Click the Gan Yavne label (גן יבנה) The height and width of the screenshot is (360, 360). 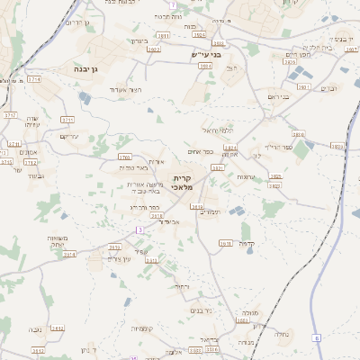pos(94,67)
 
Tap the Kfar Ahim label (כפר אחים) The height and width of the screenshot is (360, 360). pos(201,151)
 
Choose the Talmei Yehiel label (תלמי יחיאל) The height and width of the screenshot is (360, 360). pos(216,130)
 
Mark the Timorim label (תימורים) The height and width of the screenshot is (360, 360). pos(207,211)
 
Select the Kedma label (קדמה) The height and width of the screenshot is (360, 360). pos(249,243)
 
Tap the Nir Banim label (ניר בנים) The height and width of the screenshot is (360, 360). pos(200,310)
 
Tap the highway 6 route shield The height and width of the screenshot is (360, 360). pos(317,337)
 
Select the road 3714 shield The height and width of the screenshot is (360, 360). pos(34,79)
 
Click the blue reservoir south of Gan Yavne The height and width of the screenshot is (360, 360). pos(85,98)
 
